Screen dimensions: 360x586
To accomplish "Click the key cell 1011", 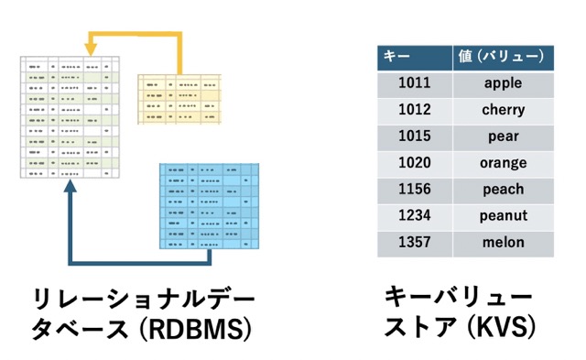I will pyautogui.click(x=414, y=83).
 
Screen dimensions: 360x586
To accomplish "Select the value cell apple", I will pyautogui.click(x=503, y=83).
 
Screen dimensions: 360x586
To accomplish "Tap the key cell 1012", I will pyautogui.click(x=414, y=110).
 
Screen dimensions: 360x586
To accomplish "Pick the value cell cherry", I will pyautogui.click(x=503, y=110).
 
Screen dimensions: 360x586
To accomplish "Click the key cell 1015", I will pyautogui.click(x=414, y=136).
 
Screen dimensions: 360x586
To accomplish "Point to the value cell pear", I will pyautogui.click(x=503, y=136).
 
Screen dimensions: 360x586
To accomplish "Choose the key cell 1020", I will pyautogui.click(x=414, y=163).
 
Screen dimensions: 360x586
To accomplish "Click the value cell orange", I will pyautogui.click(x=503, y=163).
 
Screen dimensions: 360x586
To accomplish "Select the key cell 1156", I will pyautogui.click(x=414, y=190).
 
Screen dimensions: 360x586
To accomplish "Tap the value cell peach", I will pyautogui.click(x=503, y=190).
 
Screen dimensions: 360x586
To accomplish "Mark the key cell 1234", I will pyautogui.click(x=414, y=216).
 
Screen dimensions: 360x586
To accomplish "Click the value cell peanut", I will pyautogui.click(x=503, y=216).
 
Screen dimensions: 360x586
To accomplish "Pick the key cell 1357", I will pyautogui.click(x=414, y=243).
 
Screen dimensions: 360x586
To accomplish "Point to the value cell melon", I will pyautogui.click(x=503, y=243).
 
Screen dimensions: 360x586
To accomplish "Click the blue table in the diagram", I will pyautogui.click(x=208, y=206).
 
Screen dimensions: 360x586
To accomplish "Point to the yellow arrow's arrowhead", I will pyautogui.click(x=92, y=42).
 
